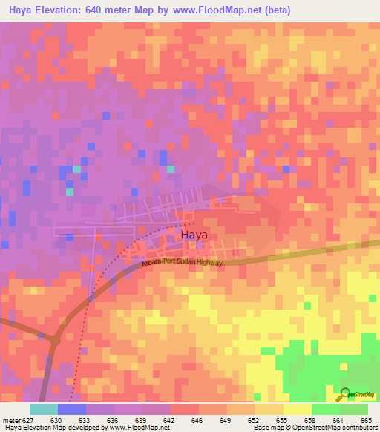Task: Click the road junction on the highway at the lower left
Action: pyautogui.click(x=54, y=338)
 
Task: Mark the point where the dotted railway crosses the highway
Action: pyautogui.click(x=88, y=299)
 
